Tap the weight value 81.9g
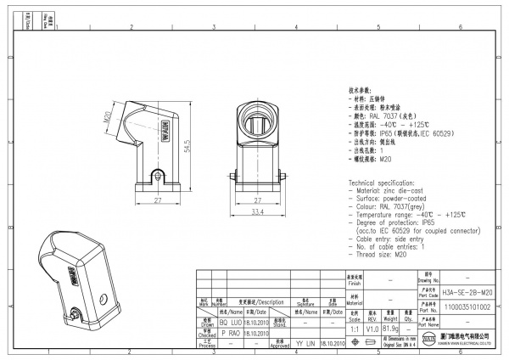coord(392,326)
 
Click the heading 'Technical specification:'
coord(383,184)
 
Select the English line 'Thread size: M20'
coord(381,256)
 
